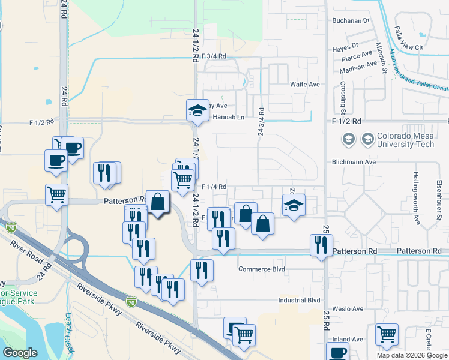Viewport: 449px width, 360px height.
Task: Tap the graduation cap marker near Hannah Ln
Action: click(x=197, y=110)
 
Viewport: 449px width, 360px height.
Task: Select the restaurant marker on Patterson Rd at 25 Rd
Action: click(x=321, y=245)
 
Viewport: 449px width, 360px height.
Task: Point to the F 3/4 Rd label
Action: click(x=214, y=56)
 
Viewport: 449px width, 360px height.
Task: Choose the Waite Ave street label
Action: click(x=305, y=85)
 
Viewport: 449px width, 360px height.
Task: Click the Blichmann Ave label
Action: click(x=354, y=162)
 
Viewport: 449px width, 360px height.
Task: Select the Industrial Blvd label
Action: click(x=300, y=300)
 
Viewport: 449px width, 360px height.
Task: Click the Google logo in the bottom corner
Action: click(x=20, y=353)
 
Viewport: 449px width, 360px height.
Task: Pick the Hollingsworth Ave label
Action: click(x=416, y=198)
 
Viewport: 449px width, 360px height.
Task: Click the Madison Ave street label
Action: click(x=360, y=66)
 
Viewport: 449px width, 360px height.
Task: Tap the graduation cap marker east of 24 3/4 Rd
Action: click(x=294, y=205)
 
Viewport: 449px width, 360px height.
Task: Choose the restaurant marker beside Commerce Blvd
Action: click(x=202, y=270)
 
